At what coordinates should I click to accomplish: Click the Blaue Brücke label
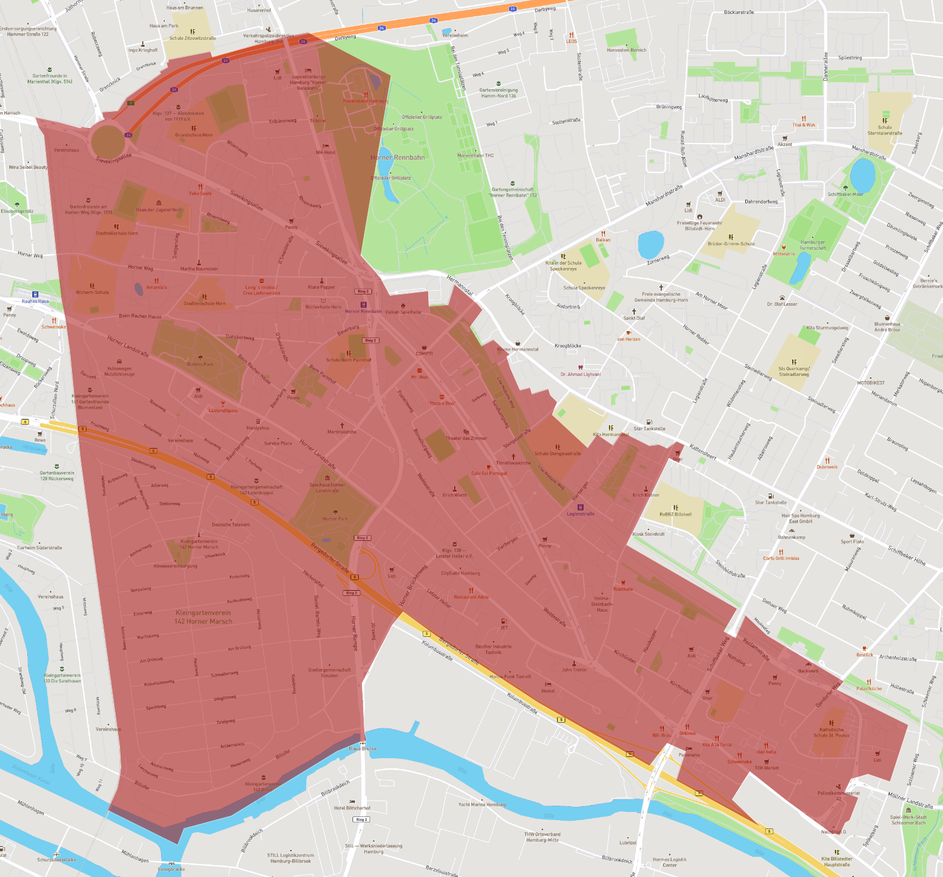(363, 749)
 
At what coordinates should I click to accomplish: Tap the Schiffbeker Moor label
(845, 194)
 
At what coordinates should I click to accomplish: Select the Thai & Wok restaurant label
(803, 124)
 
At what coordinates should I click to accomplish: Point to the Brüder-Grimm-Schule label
(731, 243)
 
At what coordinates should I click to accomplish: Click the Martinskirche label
(342, 432)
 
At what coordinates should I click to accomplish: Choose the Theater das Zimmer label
(466, 438)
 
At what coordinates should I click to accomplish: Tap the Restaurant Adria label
(471, 596)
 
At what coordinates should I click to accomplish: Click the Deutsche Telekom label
(231, 524)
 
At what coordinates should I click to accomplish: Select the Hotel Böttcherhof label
(352, 807)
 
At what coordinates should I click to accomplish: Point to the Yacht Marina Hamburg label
(482, 804)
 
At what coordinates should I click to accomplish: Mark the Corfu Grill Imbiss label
(781, 558)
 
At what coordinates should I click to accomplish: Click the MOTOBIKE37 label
(870, 383)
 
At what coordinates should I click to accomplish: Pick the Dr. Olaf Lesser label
(782, 304)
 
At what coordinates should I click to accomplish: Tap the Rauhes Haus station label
(35, 301)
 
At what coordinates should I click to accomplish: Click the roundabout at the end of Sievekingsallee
(108, 141)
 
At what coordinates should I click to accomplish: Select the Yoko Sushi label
(200, 193)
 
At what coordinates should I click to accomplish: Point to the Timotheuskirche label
(513, 463)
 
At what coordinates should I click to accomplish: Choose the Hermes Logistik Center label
(670, 862)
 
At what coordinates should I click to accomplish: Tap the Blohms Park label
(200, 364)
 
